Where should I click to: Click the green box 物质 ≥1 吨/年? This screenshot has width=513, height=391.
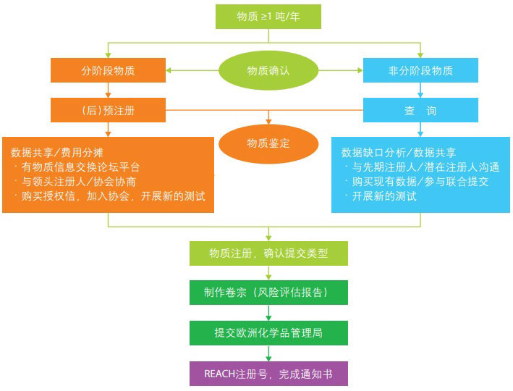coord(268,16)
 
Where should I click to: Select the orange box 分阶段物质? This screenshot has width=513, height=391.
coord(108,70)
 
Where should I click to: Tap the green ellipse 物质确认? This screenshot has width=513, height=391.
coord(268,70)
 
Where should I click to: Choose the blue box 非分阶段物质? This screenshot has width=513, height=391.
coord(420,70)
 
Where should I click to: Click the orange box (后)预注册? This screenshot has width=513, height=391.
coord(108,111)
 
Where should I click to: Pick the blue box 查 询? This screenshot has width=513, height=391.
coord(420,111)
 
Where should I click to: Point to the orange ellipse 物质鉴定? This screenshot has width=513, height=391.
coord(268,143)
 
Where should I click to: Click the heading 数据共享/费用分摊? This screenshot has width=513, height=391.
coord(56,153)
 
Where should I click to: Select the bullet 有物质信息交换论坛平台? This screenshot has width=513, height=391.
coord(80,167)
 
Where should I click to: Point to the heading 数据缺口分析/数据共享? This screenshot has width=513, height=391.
coord(399,153)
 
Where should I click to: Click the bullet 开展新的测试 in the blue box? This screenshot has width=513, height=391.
coord(384,196)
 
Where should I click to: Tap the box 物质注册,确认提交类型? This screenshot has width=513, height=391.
coord(268,253)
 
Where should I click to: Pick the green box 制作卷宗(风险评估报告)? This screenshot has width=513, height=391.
coord(268,293)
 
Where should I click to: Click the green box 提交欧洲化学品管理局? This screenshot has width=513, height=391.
coord(268,333)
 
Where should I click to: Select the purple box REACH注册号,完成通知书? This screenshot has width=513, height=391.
coord(268,374)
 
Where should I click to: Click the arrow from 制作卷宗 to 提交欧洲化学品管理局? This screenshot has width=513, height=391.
coord(268,313)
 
